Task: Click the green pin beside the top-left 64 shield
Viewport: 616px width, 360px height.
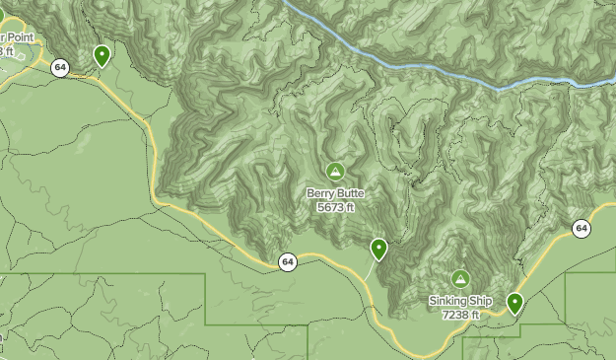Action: [x=102, y=55]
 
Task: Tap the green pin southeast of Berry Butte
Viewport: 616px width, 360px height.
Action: [x=378, y=249]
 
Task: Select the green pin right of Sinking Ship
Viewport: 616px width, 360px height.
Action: [x=514, y=302]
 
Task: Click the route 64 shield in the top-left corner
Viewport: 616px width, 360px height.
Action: [x=61, y=68]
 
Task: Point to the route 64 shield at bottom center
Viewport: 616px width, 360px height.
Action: [x=287, y=262]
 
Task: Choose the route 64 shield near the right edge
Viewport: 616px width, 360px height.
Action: [x=582, y=229]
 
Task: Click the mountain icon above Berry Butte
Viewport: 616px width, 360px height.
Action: [x=335, y=172]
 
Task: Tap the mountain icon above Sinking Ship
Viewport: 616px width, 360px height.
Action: [x=460, y=279]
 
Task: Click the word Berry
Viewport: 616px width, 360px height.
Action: [x=322, y=194]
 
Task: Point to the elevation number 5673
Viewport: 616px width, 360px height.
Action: [x=329, y=208]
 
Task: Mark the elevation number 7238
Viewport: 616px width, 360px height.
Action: [x=455, y=315]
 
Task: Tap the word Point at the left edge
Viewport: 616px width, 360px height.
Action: [x=18, y=36]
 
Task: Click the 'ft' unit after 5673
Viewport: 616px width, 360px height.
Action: [x=349, y=208]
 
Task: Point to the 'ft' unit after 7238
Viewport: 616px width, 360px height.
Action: [x=474, y=315]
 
